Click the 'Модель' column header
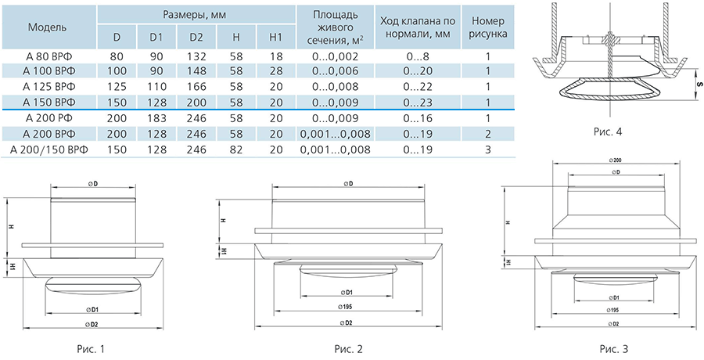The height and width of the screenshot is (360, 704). pyautogui.click(x=47, y=27)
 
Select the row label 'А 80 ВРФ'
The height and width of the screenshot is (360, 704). pyautogui.click(x=49, y=57)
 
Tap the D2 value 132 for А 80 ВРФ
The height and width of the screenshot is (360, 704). pyautogui.click(x=196, y=57)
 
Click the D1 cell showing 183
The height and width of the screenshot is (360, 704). pyautogui.click(x=156, y=119)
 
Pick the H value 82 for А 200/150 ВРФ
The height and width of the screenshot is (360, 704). pyautogui.click(x=236, y=149)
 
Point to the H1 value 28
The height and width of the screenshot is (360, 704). pyautogui.click(x=276, y=71)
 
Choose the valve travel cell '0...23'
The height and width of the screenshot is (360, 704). pyautogui.click(x=418, y=103)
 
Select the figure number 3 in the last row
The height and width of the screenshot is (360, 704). pyautogui.click(x=488, y=149)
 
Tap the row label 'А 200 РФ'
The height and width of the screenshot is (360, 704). pyautogui.click(x=49, y=119)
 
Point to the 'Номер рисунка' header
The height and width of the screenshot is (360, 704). pyautogui.click(x=488, y=27)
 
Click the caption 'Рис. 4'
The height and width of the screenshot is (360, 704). pyautogui.click(x=609, y=131)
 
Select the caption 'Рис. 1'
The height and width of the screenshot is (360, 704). pyautogui.click(x=92, y=348)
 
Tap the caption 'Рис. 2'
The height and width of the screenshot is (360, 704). pyautogui.click(x=348, y=348)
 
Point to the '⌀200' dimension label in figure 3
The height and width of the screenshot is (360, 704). pyautogui.click(x=614, y=160)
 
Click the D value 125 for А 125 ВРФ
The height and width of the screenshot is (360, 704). pyautogui.click(x=117, y=87)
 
